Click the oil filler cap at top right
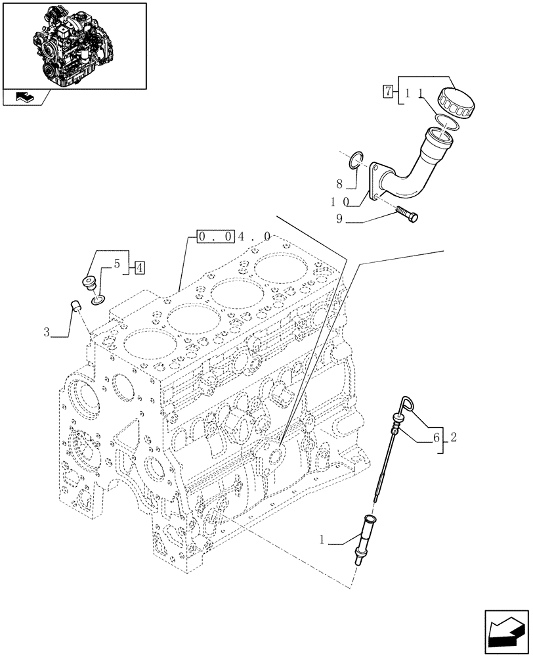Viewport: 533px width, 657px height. [x=458, y=102]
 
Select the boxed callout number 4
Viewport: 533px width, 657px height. [x=140, y=267]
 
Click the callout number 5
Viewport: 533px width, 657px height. [x=116, y=265]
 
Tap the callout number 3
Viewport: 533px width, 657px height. [x=47, y=332]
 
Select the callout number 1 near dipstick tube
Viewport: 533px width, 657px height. [x=322, y=541]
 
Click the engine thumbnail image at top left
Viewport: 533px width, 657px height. [x=74, y=45]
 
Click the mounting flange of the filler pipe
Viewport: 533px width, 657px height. [x=377, y=183]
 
